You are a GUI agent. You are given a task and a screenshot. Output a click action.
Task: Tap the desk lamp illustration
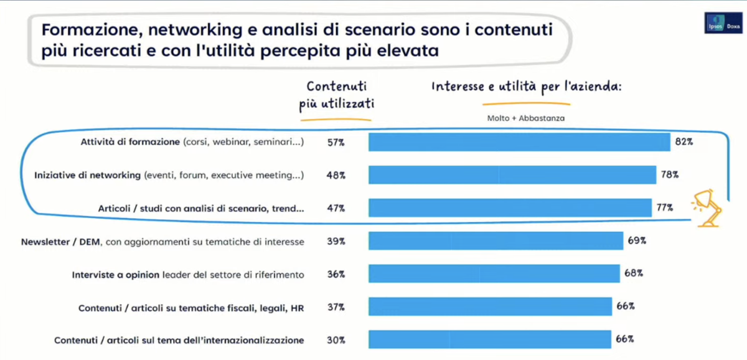point(708,207)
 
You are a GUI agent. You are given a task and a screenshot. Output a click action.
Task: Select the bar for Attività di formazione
point(519,142)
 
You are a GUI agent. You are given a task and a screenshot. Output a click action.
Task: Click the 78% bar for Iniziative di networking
point(512,175)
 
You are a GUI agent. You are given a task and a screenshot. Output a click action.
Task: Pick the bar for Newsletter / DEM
point(496,241)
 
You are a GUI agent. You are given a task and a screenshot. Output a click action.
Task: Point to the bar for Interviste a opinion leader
point(494,273)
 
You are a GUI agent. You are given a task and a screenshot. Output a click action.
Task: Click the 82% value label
point(684,142)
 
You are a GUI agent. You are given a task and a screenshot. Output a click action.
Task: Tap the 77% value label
point(665,208)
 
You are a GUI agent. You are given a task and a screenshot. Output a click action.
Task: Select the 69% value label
point(636,240)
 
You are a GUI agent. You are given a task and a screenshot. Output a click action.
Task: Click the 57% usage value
point(336,143)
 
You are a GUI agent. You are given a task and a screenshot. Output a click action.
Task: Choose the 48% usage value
point(336,175)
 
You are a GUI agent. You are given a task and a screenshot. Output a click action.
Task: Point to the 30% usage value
point(336,340)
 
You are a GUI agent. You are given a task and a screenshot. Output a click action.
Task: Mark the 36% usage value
point(336,274)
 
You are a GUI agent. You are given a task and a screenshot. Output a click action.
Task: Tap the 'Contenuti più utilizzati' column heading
point(336,97)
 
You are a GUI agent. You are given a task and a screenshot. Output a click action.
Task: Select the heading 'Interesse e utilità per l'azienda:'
point(527,87)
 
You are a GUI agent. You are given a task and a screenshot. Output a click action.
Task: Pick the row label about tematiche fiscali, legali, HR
point(191,308)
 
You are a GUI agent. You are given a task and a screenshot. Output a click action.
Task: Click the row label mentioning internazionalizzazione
point(179,340)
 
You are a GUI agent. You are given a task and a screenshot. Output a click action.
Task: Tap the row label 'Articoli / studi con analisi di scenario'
point(201,209)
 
